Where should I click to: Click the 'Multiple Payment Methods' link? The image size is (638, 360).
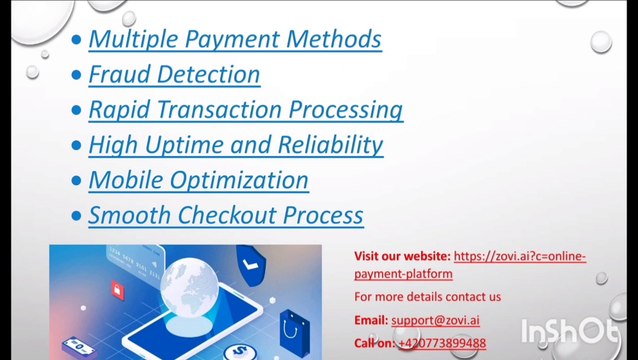[234, 39]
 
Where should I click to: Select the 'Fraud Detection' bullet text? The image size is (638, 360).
[174, 74]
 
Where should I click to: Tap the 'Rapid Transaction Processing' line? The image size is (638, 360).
[245, 109]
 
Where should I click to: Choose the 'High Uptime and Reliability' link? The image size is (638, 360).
[235, 144]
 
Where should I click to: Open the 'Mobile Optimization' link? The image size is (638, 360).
[198, 180]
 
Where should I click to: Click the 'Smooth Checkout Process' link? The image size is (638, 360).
[225, 215]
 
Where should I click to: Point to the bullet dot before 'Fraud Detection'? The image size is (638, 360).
[78, 75]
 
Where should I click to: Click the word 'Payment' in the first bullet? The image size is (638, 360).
[230, 39]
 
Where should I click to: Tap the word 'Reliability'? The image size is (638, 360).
[330, 144]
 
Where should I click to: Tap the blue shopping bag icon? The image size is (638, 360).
[294, 326]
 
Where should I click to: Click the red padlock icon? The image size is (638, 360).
[117, 291]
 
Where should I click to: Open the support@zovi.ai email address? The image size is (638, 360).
[435, 320]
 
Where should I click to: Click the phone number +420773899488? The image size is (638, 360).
[441, 343]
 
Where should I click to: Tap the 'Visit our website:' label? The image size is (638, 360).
[402, 256]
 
